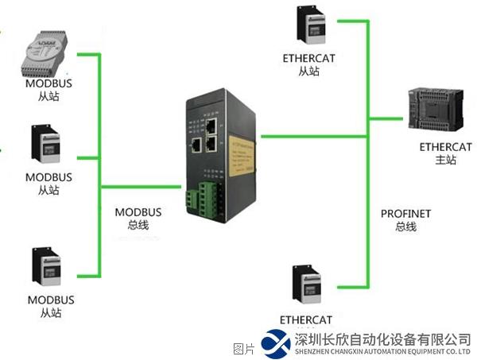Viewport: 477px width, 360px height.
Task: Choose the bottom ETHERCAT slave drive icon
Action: [x=306, y=287]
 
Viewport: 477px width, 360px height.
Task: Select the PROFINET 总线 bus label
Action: [x=405, y=220]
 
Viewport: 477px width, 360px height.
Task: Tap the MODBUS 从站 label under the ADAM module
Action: [x=48, y=91]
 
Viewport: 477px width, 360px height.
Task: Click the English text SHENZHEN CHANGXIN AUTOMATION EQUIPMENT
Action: [x=382, y=351]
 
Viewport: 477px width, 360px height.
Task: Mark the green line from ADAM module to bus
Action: [x=87, y=54]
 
